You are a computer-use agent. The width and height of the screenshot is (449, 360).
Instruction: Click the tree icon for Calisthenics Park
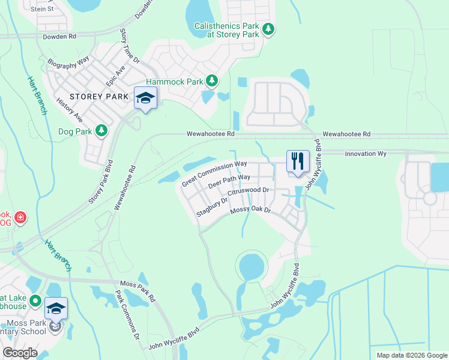[270, 29]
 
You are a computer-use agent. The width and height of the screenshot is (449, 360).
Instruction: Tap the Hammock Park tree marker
[211, 80]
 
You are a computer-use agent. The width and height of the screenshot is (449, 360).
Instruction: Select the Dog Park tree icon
[101, 130]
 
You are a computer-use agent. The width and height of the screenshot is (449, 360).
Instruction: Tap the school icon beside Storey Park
[145, 98]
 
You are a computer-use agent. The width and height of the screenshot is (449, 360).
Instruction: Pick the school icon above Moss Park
[56, 308]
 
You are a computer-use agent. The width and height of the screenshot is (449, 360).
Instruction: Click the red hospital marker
[20, 216]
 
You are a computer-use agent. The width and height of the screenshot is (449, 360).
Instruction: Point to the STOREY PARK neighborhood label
[98, 96]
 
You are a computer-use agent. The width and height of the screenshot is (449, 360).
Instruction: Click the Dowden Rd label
[60, 36]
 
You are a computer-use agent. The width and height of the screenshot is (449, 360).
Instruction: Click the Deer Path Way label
[229, 181]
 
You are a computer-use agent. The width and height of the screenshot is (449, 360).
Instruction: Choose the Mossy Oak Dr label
[251, 211]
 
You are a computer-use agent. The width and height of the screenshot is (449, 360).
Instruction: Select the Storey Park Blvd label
[101, 181]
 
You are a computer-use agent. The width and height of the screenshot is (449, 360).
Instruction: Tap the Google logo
[20, 353]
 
